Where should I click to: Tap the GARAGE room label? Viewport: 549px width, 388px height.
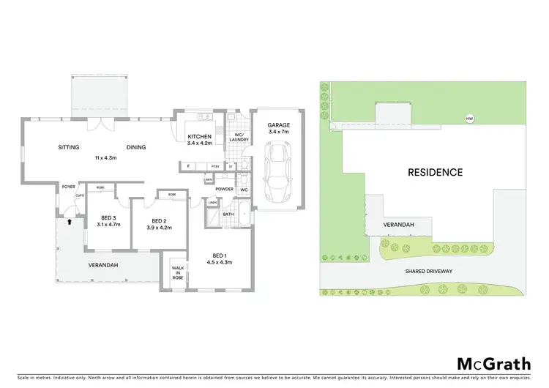click(278, 125)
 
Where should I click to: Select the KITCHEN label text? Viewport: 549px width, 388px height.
click(199, 137)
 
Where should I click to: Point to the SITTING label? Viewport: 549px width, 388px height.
click(69, 147)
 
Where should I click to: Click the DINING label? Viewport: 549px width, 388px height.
click(135, 147)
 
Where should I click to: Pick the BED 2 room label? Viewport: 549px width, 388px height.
click(161, 221)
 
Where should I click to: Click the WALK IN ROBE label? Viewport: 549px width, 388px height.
click(179, 273)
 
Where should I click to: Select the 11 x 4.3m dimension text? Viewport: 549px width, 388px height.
click(107, 158)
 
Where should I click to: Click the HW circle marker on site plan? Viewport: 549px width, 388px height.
click(468, 119)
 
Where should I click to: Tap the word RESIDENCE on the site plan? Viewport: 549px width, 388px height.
click(436, 173)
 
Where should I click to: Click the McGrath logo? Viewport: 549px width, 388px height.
click(494, 364)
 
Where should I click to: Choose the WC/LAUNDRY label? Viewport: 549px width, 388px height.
click(236, 136)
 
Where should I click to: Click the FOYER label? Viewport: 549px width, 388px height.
click(69, 186)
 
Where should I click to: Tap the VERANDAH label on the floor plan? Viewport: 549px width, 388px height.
click(103, 265)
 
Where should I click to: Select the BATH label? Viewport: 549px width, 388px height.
click(228, 214)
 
